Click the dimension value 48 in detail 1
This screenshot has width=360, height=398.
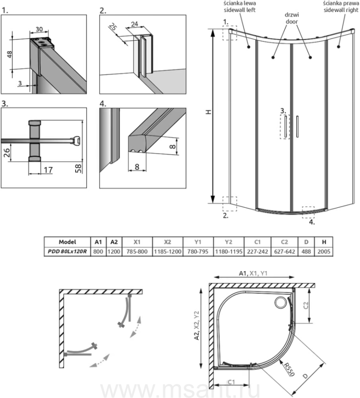[10, 54]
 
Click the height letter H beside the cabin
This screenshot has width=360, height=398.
[208, 112]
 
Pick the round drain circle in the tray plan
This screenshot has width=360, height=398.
[280, 303]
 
